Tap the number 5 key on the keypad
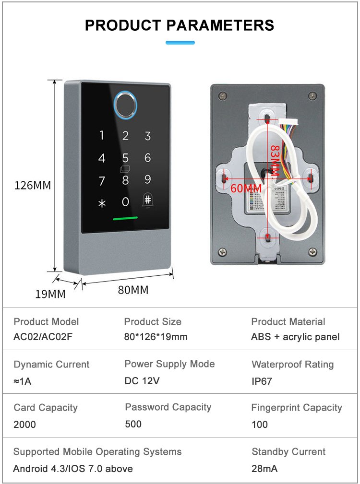pyautogui.click(x=125, y=158)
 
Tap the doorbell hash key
pyautogui.click(x=147, y=201)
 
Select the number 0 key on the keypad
pyautogui.click(x=125, y=201)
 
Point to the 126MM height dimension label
pyautogui.click(x=33, y=185)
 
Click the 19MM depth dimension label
pyautogui.click(x=50, y=294)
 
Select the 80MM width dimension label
pyautogui.click(x=133, y=290)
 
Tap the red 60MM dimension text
pyautogui.click(x=246, y=189)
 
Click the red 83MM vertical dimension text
pyautogui.click(x=275, y=161)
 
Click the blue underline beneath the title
pyautogui.click(x=180, y=43)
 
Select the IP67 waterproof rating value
pyautogui.click(x=262, y=381)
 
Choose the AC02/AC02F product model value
pyautogui.click(x=43, y=336)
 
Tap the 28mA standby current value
pyautogui.click(x=264, y=469)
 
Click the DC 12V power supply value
pyautogui.click(x=142, y=381)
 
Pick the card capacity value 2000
pyautogui.click(x=24, y=425)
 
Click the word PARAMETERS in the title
pyautogui.click(x=220, y=25)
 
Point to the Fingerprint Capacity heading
pyautogui.click(x=297, y=408)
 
